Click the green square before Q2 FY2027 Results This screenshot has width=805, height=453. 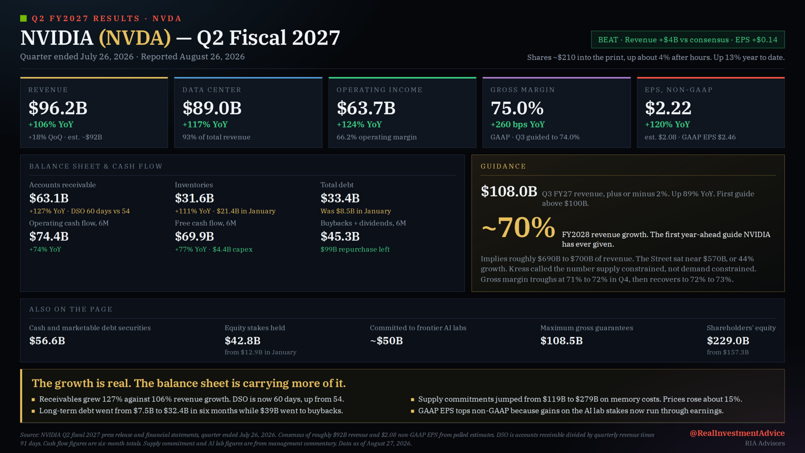[23, 18]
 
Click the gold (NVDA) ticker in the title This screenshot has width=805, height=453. [135, 38]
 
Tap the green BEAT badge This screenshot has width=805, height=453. [688, 40]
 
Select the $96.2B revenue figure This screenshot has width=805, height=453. [58, 108]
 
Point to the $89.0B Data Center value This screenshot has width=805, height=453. [212, 108]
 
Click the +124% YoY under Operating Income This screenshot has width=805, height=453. [359, 125]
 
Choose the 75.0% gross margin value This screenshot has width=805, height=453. [517, 108]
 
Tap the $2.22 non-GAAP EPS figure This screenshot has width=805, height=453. [668, 108]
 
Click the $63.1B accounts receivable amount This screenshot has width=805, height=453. [49, 198]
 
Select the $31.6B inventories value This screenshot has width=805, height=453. [194, 198]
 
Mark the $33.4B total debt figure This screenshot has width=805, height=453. [340, 198]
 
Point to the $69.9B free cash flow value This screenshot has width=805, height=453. [194, 236]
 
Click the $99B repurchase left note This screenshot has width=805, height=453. [355, 249]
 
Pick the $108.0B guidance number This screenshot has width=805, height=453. [509, 192]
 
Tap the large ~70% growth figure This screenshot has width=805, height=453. [518, 228]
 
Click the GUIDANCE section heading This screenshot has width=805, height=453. [503, 166]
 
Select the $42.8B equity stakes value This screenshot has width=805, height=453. [243, 341]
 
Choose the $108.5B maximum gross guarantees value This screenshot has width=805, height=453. [561, 341]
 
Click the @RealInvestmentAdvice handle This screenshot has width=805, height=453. [737, 433]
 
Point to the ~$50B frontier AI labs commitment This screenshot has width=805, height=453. [386, 341]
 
